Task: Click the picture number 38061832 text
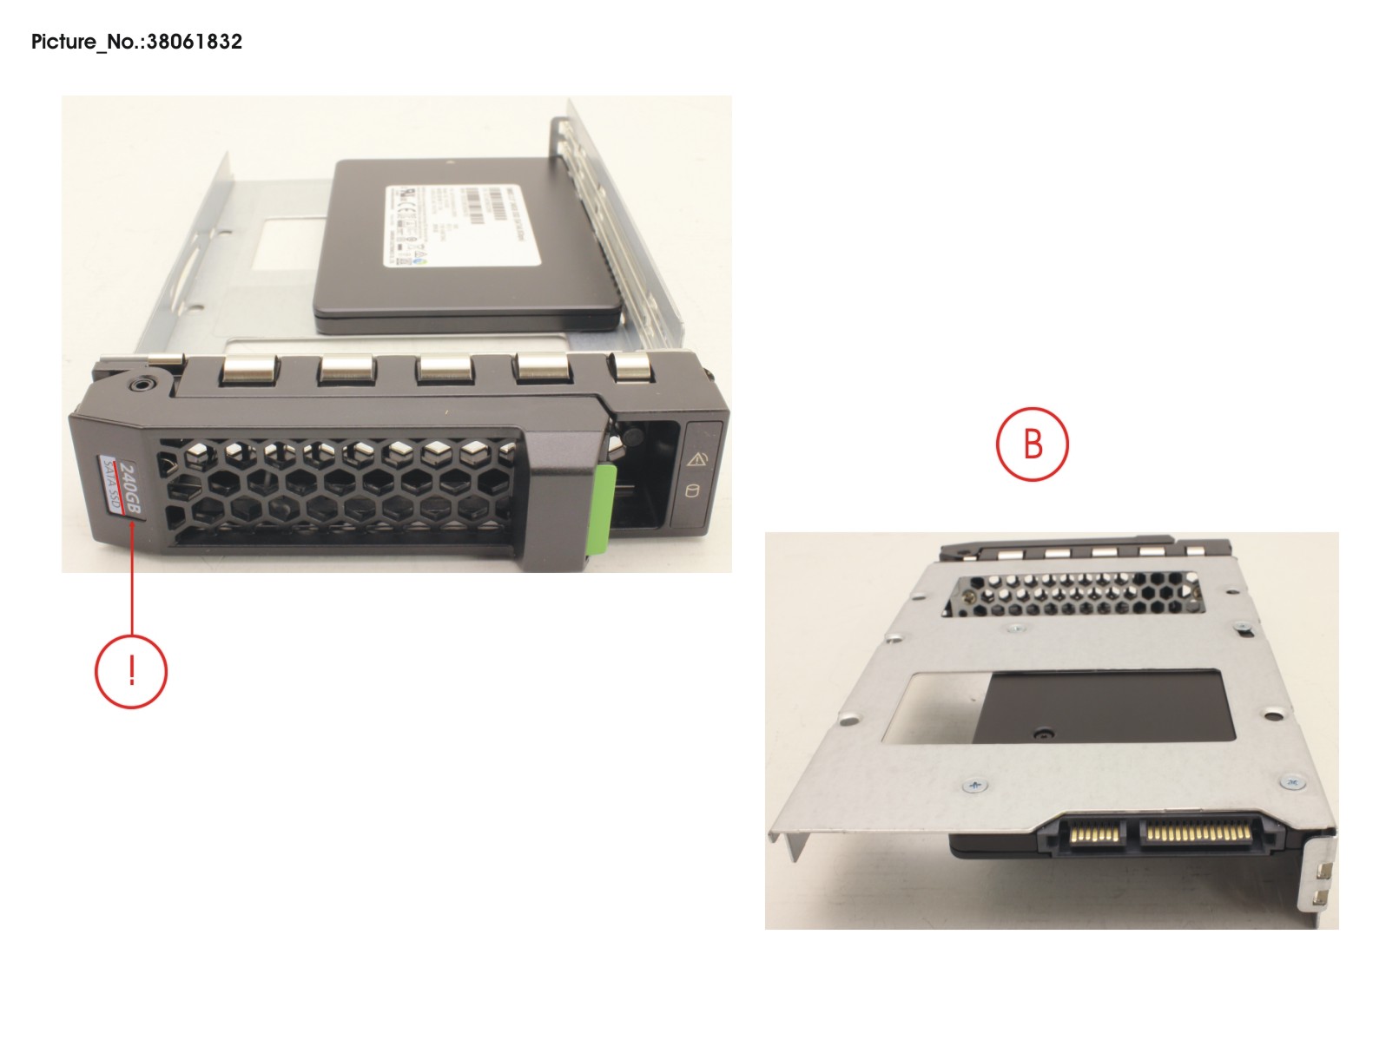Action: (136, 42)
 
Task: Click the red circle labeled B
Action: (1032, 444)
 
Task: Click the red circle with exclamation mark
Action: (130, 671)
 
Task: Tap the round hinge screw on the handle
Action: (141, 383)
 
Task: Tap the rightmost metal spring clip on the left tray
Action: (633, 365)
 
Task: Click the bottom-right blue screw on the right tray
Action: (1290, 782)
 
